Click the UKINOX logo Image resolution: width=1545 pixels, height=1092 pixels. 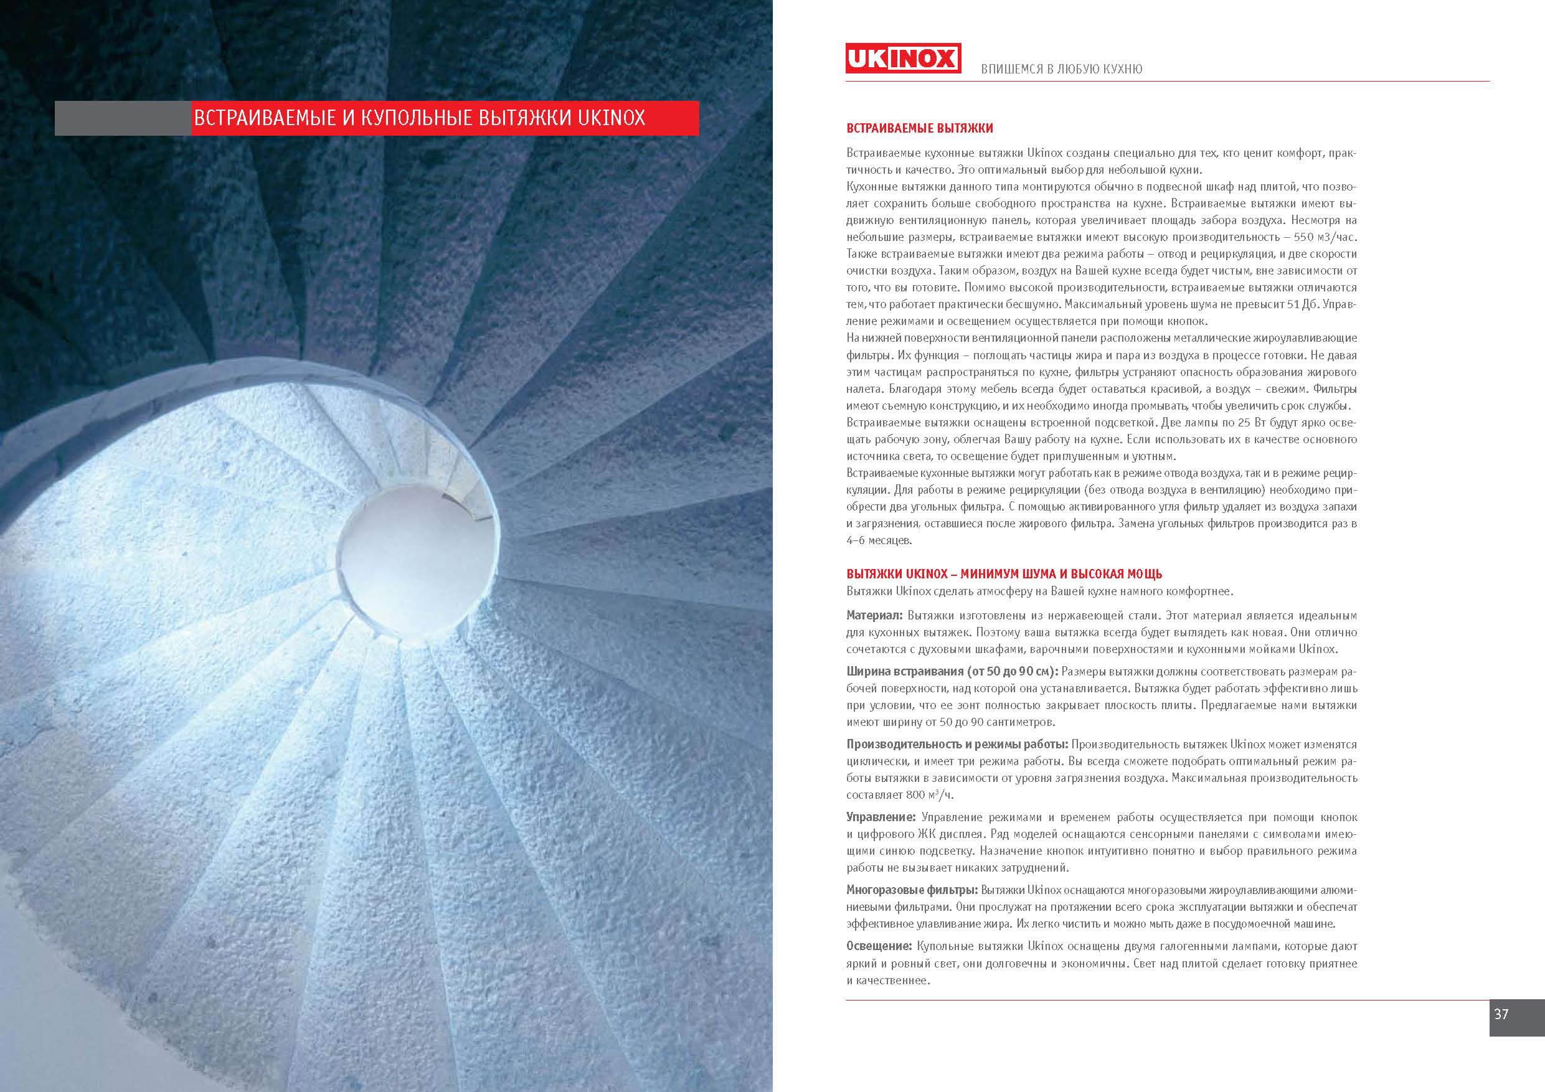click(902, 59)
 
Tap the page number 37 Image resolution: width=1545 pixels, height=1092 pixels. click(1501, 1014)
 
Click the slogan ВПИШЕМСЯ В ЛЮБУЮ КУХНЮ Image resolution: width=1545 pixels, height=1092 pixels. click(1061, 69)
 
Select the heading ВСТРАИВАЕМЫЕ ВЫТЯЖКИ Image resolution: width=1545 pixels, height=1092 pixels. click(919, 128)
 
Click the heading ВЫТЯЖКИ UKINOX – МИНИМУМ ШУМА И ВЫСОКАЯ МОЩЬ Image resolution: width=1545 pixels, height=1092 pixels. click(1004, 574)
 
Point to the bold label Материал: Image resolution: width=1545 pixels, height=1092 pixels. click(874, 615)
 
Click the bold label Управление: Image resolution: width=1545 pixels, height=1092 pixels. click(881, 817)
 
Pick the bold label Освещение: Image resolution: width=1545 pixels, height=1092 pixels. click(879, 946)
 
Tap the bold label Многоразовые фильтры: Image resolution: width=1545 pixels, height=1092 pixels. click(912, 890)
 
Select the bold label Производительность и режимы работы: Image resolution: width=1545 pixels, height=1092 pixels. click(957, 744)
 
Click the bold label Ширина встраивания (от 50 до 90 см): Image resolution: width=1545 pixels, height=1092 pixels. click(952, 672)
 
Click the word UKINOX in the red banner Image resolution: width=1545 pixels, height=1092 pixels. click(611, 118)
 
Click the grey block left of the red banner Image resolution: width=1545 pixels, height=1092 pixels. click(123, 118)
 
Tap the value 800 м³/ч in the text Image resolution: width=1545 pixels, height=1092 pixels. click(930, 794)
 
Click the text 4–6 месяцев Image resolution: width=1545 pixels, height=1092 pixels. click(879, 540)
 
